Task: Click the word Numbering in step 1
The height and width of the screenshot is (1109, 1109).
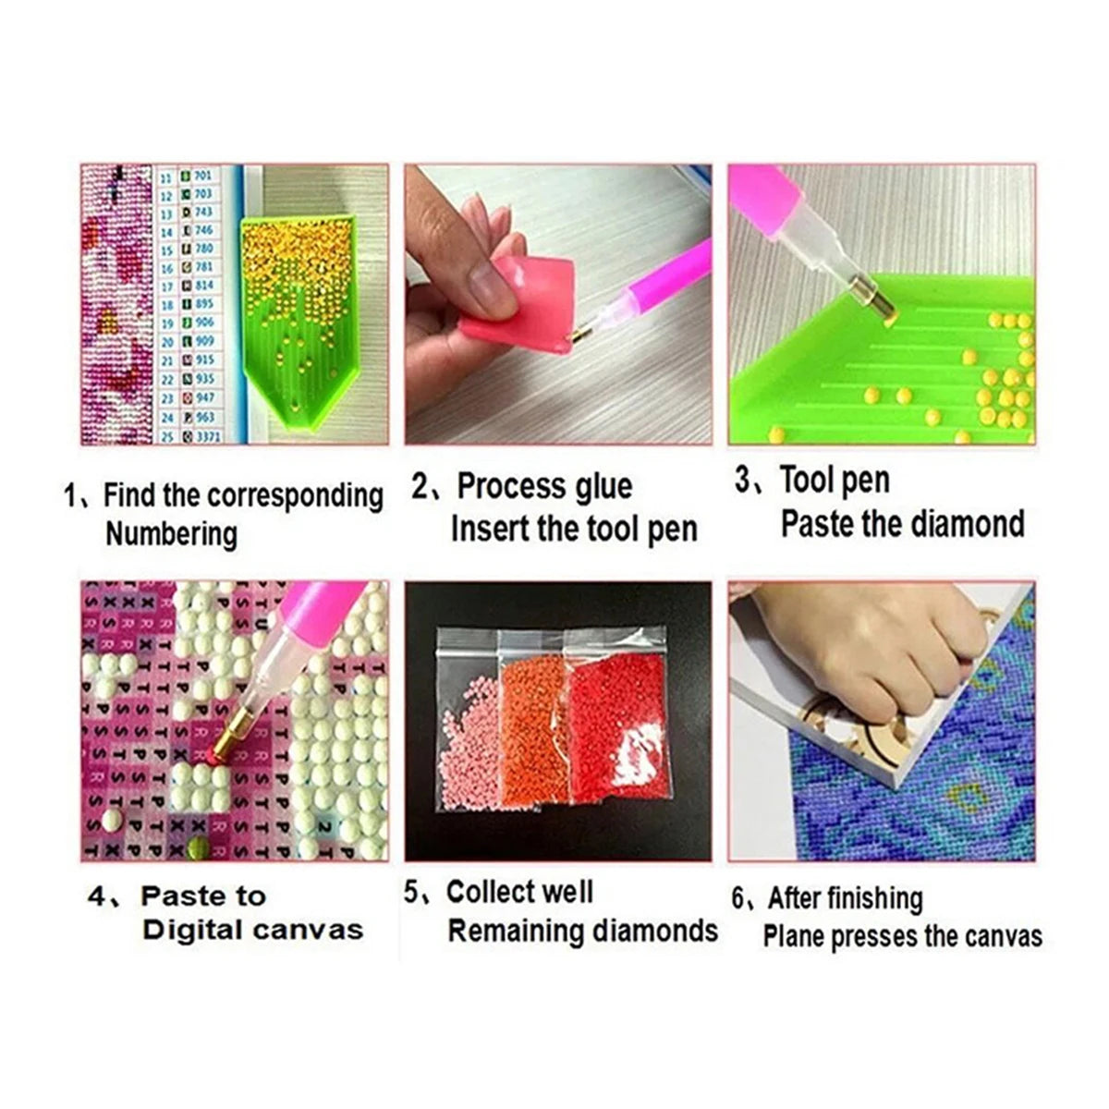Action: tap(171, 535)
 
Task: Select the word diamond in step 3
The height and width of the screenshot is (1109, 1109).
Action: tap(962, 524)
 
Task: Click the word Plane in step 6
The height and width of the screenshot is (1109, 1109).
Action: tap(794, 937)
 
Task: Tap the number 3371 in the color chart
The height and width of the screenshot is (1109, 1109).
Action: tap(208, 435)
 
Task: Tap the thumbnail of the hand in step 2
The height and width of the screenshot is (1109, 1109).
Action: tap(478, 276)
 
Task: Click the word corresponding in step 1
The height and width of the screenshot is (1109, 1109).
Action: tap(295, 496)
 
